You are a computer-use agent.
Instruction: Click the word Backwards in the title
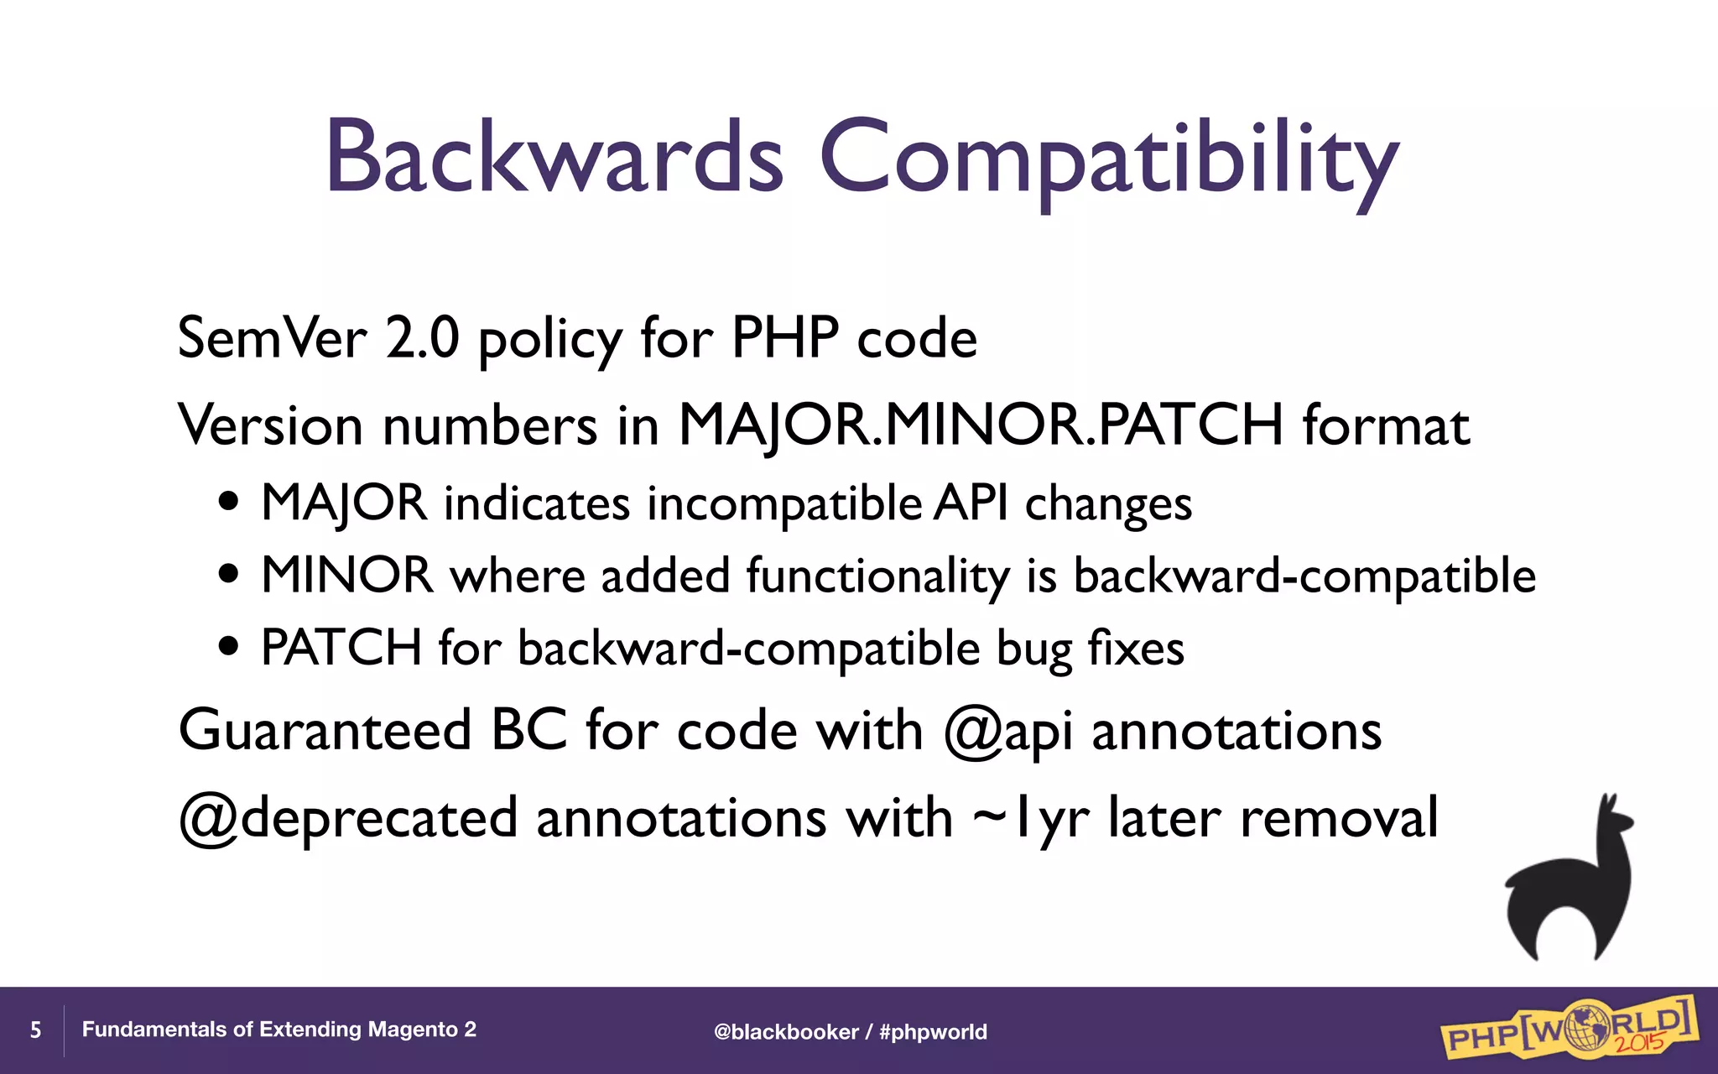(x=554, y=158)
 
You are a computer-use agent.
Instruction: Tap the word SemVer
(x=273, y=338)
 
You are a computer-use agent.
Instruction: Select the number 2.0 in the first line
(x=422, y=338)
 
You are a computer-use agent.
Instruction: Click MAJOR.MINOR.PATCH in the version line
(x=981, y=425)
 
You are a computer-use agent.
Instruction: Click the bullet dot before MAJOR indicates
(x=228, y=503)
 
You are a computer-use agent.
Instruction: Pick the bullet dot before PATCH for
(x=228, y=648)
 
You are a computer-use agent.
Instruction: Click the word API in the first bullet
(x=971, y=503)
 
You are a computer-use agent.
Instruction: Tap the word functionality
(x=877, y=577)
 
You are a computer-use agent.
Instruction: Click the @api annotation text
(x=1007, y=731)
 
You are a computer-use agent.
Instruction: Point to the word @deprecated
(x=348, y=818)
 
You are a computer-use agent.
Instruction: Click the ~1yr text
(x=1031, y=818)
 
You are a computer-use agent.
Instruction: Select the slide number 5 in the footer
(x=35, y=1030)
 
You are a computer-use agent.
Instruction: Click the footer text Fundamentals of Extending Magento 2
(x=279, y=1030)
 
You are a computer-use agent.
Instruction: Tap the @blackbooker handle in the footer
(x=786, y=1032)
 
